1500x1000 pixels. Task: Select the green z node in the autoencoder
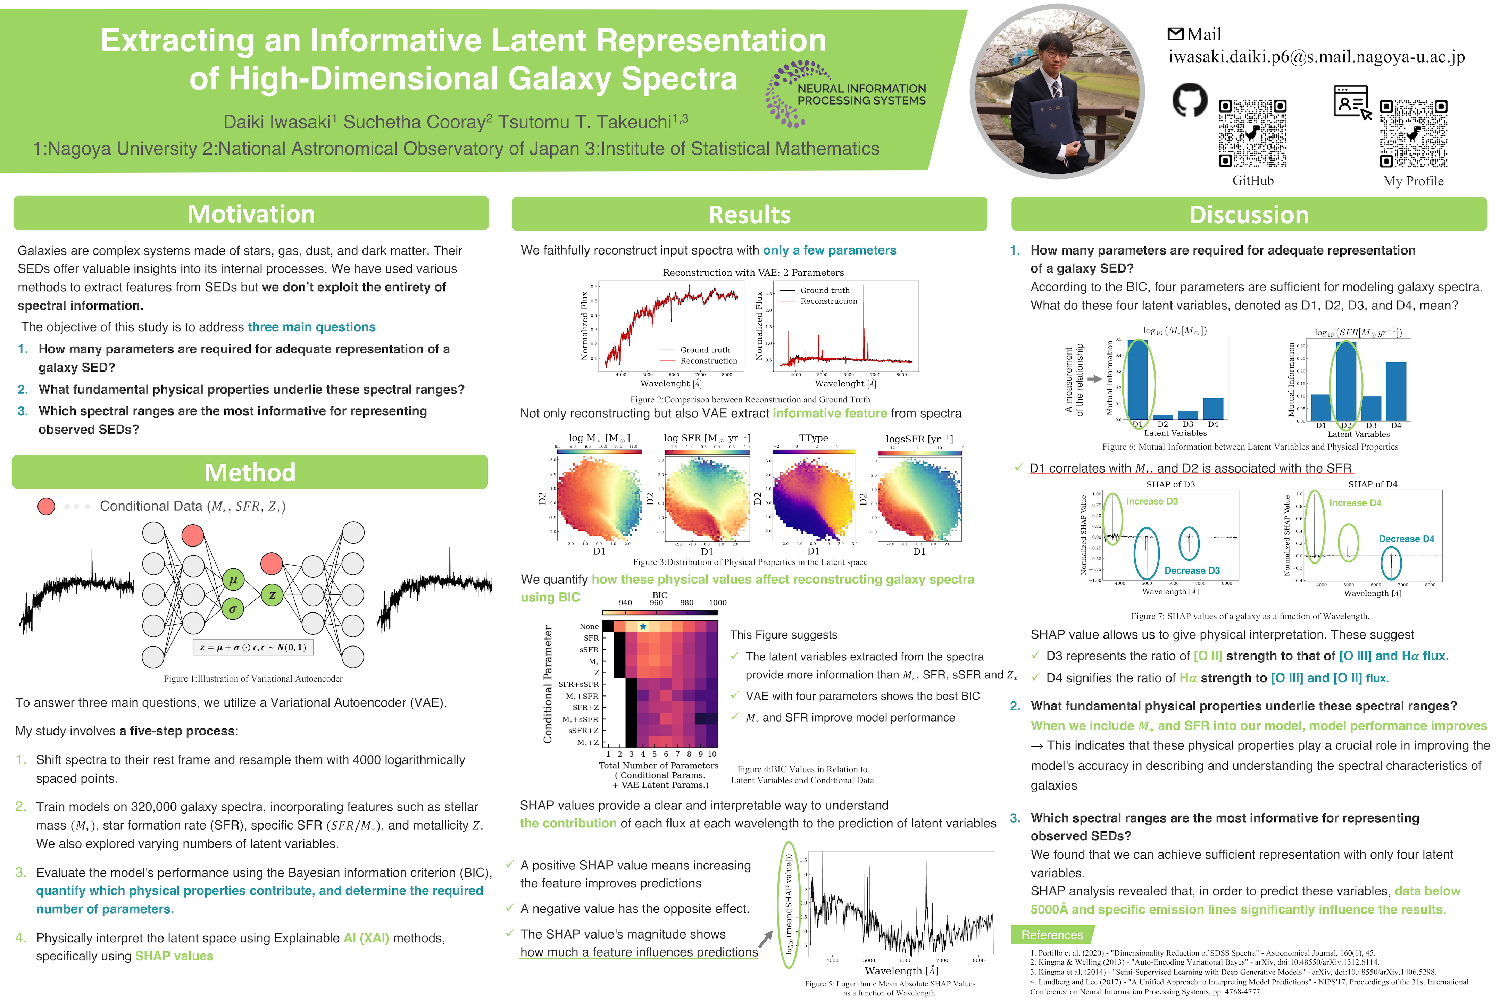(272, 595)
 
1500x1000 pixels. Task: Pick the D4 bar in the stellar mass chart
(1213, 409)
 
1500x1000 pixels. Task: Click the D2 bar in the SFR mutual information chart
(1346, 381)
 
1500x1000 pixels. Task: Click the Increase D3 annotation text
(1152, 501)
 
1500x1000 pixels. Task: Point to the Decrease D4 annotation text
(1406, 539)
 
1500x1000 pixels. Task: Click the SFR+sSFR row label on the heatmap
(578, 684)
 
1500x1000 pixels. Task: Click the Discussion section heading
(1249, 214)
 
